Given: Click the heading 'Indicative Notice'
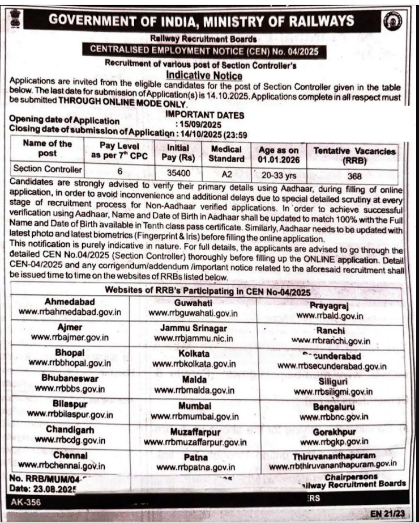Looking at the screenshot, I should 204,75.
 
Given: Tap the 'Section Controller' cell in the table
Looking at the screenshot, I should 48,169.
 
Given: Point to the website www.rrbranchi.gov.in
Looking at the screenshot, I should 331,341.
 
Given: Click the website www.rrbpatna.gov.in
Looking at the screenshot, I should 195,467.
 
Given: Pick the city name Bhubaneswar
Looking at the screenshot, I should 70,378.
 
